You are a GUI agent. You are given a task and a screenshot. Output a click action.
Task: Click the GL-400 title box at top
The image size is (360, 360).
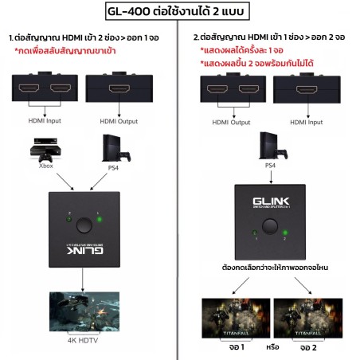178,11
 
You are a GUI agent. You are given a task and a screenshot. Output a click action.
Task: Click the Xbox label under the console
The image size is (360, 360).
46,166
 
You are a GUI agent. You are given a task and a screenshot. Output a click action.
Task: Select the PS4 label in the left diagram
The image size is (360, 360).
113,168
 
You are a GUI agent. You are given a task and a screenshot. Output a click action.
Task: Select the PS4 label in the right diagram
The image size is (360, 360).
270,166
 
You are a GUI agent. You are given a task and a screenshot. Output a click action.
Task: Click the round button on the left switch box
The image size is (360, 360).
84,225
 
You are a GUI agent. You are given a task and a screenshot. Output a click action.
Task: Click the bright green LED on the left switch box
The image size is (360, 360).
100,220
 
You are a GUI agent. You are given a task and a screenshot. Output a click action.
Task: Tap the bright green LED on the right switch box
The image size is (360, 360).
285,233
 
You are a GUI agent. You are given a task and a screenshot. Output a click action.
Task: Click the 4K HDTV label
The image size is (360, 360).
83,340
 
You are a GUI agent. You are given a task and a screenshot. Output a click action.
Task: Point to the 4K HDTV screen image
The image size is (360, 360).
84,311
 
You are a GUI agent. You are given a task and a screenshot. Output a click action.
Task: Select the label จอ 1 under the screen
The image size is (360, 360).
237,347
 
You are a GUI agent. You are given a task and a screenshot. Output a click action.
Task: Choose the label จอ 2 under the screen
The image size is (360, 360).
308,347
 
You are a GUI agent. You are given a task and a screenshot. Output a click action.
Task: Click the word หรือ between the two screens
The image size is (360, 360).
272,346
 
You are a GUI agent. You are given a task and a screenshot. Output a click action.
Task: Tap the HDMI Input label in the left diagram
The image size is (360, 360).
45,121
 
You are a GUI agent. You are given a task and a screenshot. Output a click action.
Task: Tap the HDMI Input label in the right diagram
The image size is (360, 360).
307,122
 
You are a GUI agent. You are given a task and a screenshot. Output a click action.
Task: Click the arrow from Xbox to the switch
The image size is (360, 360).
65,182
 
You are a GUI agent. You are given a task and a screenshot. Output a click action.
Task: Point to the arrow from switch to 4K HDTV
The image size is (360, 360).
83,280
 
